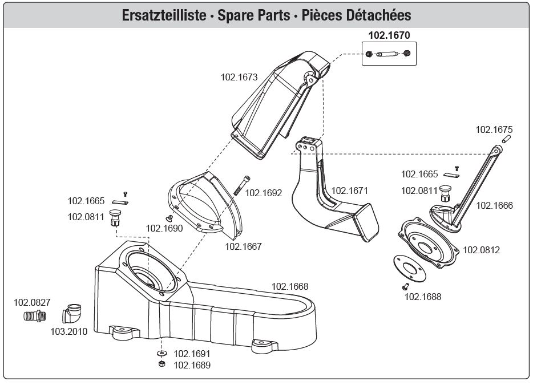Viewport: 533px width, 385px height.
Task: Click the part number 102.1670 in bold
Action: click(389, 35)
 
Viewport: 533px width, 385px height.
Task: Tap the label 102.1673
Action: click(240, 77)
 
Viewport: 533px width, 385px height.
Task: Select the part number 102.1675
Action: click(494, 129)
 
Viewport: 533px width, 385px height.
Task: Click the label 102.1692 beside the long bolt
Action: click(264, 193)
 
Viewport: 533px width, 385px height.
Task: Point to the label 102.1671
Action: click(350, 191)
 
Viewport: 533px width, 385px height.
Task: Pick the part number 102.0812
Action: click(481, 250)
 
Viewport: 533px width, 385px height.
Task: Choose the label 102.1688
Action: click(423, 297)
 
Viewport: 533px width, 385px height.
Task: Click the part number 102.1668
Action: click(289, 286)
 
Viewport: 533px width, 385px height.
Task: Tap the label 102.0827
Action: click(32, 302)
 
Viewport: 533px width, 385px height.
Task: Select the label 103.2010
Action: click(69, 331)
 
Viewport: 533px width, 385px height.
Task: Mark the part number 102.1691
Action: click(192, 354)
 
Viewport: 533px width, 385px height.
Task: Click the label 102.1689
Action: click(192, 365)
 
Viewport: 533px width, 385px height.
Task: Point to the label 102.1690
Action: click(164, 228)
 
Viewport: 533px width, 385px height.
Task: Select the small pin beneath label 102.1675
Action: click(506, 139)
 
